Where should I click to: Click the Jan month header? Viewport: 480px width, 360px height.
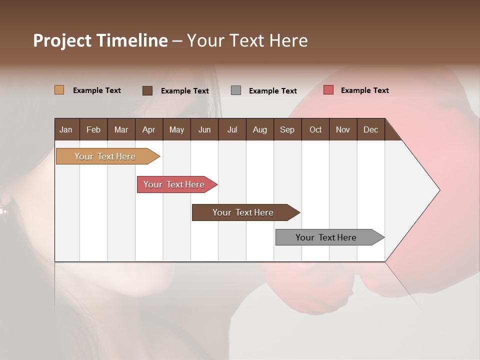pyautogui.click(x=66, y=130)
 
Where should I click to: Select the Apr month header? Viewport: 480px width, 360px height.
pyautogui.click(x=149, y=130)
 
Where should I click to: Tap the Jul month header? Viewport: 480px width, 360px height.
pyautogui.click(x=232, y=130)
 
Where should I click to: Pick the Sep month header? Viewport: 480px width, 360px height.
pyautogui.click(x=287, y=130)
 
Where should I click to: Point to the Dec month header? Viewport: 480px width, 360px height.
pyautogui.click(x=370, y=130)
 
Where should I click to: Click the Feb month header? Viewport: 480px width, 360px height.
pyautogui.click(x=93, y=130)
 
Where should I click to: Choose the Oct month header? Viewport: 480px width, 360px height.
pyautogui.click(x=315, y=130)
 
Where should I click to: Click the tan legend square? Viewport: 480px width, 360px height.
pyautogui.click(x=59, y=90)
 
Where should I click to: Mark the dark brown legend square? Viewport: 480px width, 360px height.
pyautogui.click(x=147, y=90)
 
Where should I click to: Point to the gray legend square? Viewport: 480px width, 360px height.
pyautogui.click(x=236, y=90)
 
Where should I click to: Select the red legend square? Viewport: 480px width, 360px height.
pyautogui.click(x=328, y=90)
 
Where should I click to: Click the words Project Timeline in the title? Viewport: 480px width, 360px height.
pyautogui.click(x=100, y=40)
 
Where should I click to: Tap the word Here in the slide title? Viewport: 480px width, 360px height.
pyautogui.click(x=288, y=40)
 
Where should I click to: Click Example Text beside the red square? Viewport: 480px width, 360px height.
pyautogui.click(x=364, y=90)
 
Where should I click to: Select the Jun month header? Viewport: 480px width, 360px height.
pyautogui.click(x=204, y=130)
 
